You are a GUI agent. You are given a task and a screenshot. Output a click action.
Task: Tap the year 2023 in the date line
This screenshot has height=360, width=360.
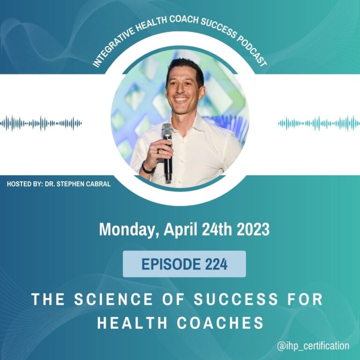[x=253, y=229]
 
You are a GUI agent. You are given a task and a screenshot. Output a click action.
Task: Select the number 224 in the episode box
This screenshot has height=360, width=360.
[x=216, y=264]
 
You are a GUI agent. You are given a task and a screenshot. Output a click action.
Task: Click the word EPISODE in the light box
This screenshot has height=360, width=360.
[x=171, y=264]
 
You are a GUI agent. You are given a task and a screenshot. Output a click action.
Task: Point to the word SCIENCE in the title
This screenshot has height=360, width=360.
[x=113, y=299]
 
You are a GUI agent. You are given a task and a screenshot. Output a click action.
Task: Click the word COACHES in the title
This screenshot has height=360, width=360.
[x=220, y=322]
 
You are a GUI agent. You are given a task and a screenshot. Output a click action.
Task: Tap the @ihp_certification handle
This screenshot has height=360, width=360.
[x=313, y=346]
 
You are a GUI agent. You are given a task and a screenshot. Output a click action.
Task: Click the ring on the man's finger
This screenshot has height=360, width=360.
[x=158, y=151]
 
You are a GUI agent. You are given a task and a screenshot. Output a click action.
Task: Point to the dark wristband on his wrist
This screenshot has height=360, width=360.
[x=146, y=169]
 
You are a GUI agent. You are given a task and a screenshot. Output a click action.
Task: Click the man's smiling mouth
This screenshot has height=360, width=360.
[x=181, y=99]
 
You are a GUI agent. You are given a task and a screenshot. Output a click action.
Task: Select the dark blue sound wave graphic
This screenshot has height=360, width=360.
[x=41, y=124]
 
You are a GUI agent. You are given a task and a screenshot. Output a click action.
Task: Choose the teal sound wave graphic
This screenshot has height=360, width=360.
[x=319, y=124]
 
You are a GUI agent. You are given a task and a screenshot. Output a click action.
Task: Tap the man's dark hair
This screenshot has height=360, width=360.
[x=185, y=69]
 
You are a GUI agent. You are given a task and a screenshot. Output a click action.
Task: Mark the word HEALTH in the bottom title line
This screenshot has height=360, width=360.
[x=132, y=322]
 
